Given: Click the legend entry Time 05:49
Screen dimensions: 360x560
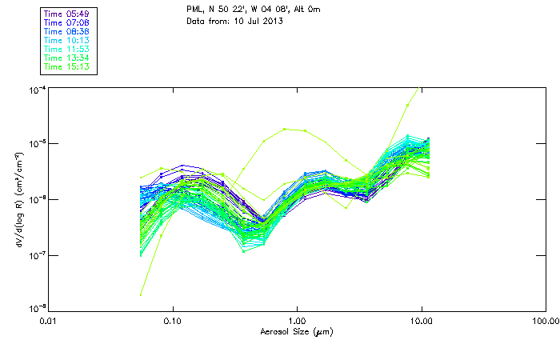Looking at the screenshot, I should pos(67,14).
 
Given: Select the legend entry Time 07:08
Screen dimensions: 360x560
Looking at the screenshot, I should pos(67,22).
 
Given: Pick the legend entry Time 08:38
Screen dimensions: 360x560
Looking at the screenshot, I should pos(67,31).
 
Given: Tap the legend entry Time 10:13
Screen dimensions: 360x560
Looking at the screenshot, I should pos(67,40).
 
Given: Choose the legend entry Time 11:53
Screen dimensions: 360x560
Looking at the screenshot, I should pos(67,49).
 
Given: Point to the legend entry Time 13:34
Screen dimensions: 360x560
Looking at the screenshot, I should pos(67,58).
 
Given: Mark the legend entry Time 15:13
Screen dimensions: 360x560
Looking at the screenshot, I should pos(67,66).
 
